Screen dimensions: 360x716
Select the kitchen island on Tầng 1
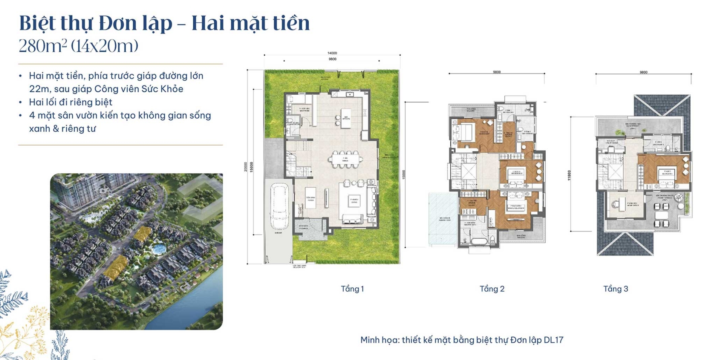pyautogui.click(x=346, y=118)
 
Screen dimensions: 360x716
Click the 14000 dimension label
pyautogui.click(x=332, y=53)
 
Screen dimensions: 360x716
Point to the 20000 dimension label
pyautogui.click(x=246, y=166)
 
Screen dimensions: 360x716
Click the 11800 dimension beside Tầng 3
pyautogui.click(x=569, y=175)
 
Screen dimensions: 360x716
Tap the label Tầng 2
pyautogui.click(x=492, y=289)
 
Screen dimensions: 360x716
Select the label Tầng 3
pyautogui.click(x=615, y=289)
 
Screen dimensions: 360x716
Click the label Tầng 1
pyautogui.click(x=352, y=289)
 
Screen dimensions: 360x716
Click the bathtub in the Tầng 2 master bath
pyautogui.click(x=476, y=240)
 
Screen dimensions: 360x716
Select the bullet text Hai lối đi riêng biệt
pyautogui.click(x=70, y=102)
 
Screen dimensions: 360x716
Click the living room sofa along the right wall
pyautogui.click(x=374, y=202)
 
